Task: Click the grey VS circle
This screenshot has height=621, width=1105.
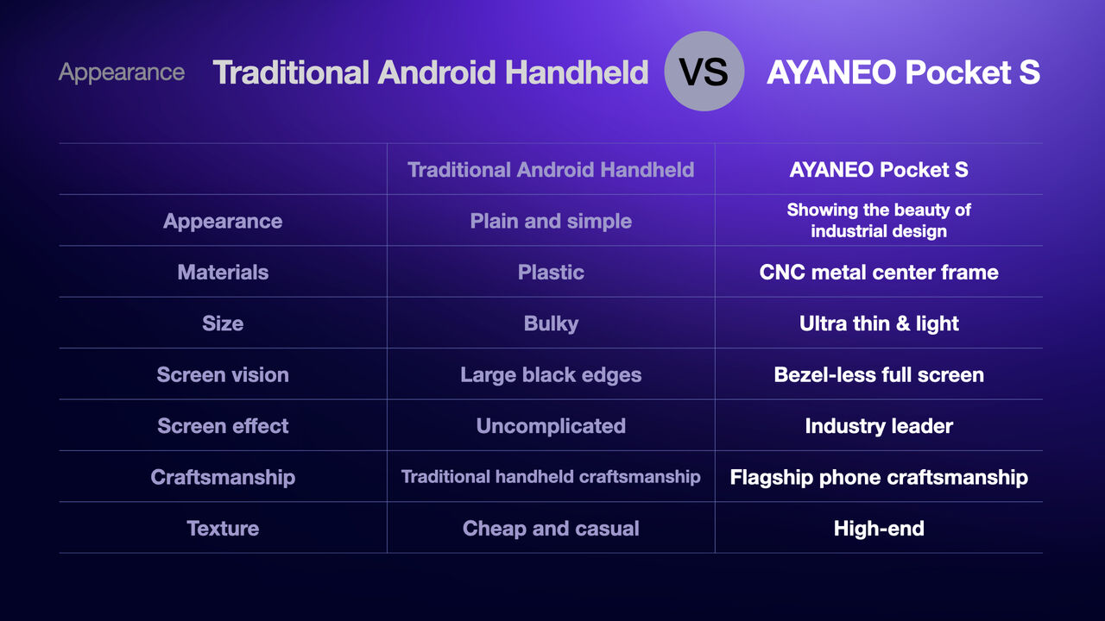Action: (704, 71)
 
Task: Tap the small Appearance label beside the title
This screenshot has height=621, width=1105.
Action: (122, 73)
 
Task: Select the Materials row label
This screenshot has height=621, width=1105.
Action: (223, 272)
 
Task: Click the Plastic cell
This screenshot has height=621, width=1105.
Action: (551, 272)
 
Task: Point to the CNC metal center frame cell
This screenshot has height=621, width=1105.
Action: (879, 272)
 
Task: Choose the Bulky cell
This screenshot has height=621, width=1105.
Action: (551, 323)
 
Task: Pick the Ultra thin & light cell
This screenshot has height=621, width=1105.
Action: (879, 323)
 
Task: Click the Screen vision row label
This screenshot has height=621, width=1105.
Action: (223, 374)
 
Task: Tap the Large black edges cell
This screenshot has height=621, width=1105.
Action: (551, 375)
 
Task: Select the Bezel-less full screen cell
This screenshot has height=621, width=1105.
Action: (879, 374)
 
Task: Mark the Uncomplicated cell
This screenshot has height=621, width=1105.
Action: (551, 426)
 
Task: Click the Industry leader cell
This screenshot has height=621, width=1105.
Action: (879, 426)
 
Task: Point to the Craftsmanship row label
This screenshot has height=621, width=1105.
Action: (223, 478)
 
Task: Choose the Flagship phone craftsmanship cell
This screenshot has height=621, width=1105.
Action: (879, 478)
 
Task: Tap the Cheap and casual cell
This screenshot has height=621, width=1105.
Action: (551, 529)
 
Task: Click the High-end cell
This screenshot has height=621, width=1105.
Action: (879, 529)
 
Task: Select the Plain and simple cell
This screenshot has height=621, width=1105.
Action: (551, 222)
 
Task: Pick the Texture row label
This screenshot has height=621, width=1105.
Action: (223, 529)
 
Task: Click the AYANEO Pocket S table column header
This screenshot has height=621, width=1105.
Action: (879, 170)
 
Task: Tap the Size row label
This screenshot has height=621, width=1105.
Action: (223, 323)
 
